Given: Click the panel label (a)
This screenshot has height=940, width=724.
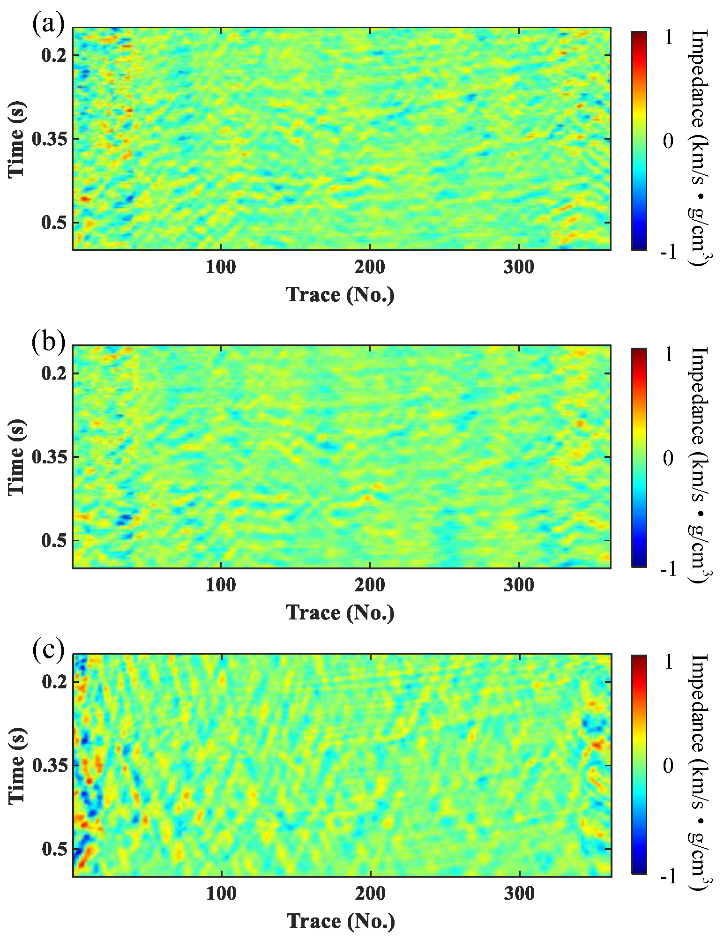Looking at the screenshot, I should pos(48,24).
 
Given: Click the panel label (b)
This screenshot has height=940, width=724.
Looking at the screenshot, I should pos(48,342).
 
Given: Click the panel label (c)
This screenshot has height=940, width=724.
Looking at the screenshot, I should pos(48,649).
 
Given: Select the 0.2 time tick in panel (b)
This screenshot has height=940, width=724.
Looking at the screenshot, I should pos(54,373).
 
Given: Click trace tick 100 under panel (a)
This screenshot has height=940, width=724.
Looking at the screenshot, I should pos(221,267).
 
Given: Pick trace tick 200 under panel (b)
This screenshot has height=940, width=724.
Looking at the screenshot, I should pos(370,585).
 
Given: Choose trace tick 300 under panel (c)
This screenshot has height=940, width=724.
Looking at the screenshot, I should pos(519,893).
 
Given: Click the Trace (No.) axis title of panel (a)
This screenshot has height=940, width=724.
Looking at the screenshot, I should pos(340,295).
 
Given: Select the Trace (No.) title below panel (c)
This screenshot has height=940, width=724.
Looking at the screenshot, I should pos(341,921).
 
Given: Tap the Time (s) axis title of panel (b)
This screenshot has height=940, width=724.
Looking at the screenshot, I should pos(16,457).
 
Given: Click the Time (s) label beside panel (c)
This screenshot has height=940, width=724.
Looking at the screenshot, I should pos(16,765).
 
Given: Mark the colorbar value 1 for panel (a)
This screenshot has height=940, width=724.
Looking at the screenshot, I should pos(668,37).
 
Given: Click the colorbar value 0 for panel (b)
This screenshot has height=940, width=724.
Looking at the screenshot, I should pos(668,458).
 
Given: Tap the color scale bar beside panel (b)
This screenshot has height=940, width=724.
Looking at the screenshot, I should pos(639,457).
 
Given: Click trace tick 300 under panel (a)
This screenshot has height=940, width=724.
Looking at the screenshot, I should pos(519,267).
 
